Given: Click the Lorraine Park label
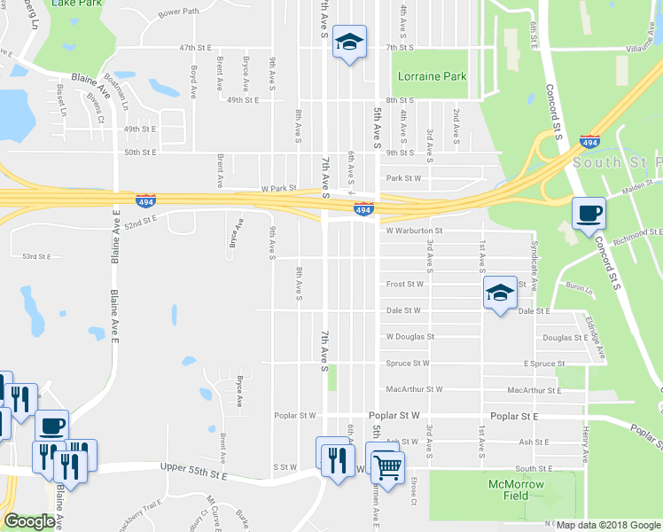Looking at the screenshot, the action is [432, 77].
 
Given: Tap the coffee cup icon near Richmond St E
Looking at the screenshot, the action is [589, 214].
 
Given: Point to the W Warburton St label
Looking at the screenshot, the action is [413, 231].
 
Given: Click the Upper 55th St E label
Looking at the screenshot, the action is [193, 476].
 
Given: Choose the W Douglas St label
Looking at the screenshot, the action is [409, 337].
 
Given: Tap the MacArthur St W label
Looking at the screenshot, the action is [414, 389].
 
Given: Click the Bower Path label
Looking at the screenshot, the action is [179, 13].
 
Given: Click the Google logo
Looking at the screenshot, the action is [28, 521].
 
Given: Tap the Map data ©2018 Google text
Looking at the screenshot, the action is [607, 525].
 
